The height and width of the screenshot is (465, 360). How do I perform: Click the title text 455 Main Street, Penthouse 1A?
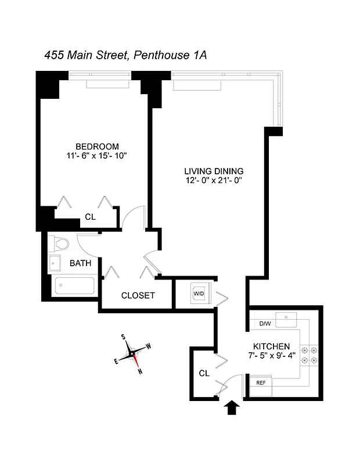pyautogui.click(x=126, y=55)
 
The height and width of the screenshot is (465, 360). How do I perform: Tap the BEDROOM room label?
pyautogui.click(x=97, y=146)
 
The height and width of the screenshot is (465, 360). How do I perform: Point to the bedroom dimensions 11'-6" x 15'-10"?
pyautogui.click(x=97, y=156)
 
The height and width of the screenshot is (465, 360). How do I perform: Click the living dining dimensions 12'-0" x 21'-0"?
pyautogui.click(x=213, y=180)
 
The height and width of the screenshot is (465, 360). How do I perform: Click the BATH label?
pyautogui.click(x=80, y=263)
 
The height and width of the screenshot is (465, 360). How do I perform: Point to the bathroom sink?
pyautogui.click(x=54, y=263)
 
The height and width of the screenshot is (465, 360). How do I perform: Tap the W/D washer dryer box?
pyautogui.click(x=199, y=294)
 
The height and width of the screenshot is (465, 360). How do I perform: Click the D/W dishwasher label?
pyautogui.click(x=265, y=323)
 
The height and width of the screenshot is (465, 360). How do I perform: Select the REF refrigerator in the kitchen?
pyautogui.click(x=261, y=383)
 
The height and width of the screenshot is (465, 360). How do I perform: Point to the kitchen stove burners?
pyautogui.click(x=308, y=355)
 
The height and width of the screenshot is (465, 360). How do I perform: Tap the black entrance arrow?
pyautogui.click(x=232, y=407)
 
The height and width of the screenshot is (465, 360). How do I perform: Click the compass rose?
pyautogui.click(x=132, y=353)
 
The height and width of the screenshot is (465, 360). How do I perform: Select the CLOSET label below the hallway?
pyautogui.click(x=138, y=295)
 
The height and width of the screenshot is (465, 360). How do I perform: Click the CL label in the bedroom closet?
pyautogui.click(x=90, y=217)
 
